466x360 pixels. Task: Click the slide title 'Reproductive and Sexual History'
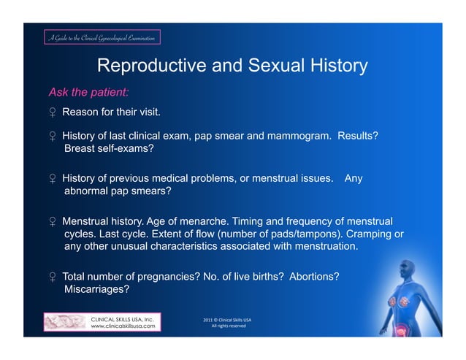tap(232, 66)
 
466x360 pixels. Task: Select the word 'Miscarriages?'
tap(97, 289)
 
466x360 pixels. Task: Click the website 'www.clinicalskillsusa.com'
tap(122, 326)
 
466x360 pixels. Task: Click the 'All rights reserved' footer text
tap(228, 326)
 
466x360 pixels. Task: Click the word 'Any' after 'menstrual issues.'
tap(353, 178)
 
